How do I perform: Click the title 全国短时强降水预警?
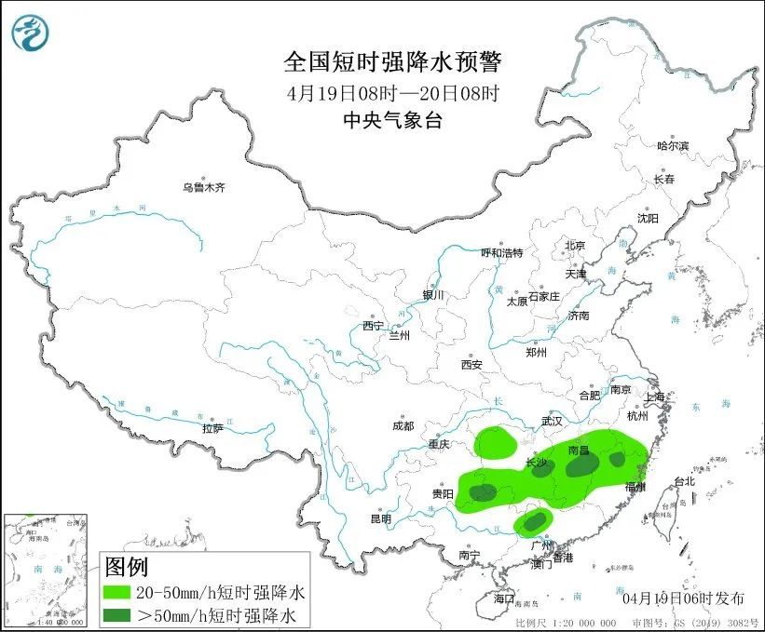tap(391, 62)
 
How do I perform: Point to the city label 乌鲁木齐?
tap(203, 188)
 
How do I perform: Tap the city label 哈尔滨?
tap(672, 146)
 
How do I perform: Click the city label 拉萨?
tap(212, 429)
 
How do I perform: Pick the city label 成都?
tap(403, 426)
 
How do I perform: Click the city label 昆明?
tap(381, 518)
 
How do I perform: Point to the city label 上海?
tap(655, 397)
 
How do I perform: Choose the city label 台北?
tap(683, 482)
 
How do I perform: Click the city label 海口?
tap(504, 597)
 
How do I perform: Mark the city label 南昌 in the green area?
tap(579, 450)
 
